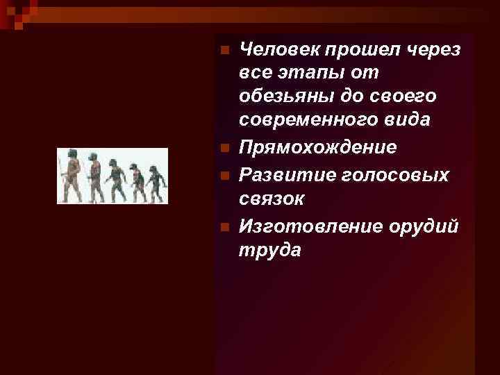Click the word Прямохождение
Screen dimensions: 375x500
coord(317,147)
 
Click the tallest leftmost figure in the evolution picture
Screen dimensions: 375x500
coord(72,176)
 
